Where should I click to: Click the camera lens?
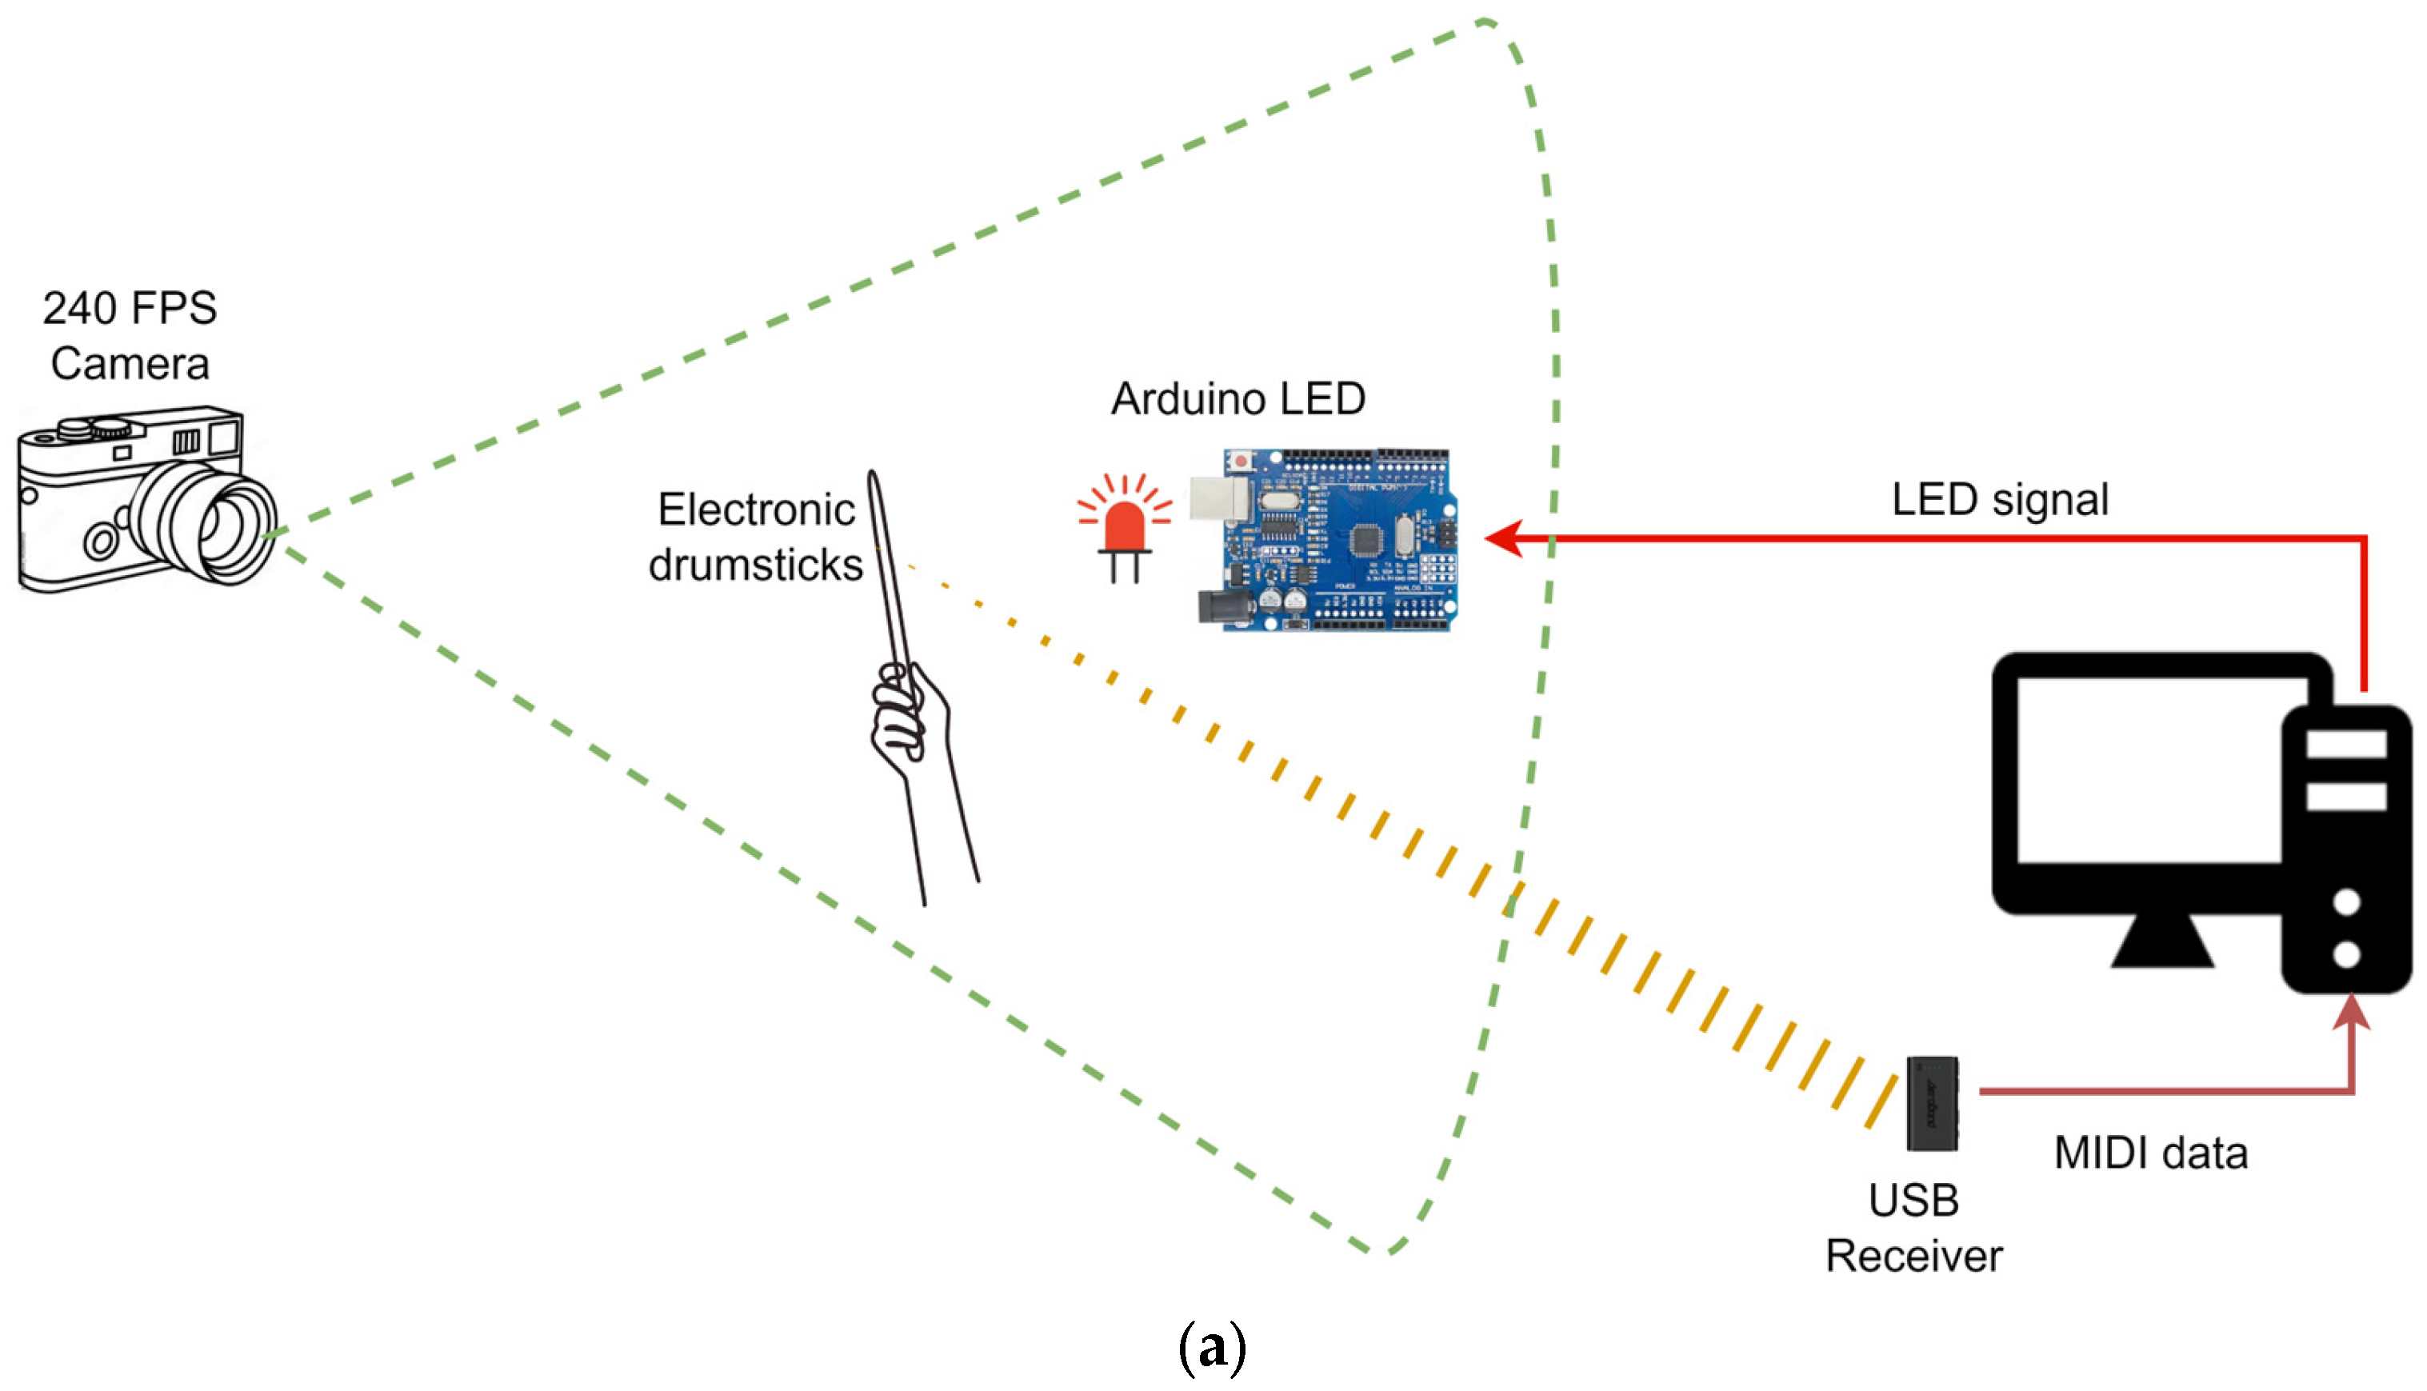click(225, 526)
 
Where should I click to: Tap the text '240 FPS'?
click(130, 309)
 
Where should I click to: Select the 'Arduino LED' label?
click(1237, 398)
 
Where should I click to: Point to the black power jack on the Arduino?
click(1214, 609)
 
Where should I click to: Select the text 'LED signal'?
click(2000, 500)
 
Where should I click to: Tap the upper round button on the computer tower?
click(2347, 901)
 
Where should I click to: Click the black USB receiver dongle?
click(1931, 1103)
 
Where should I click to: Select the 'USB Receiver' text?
click(1913, 1228)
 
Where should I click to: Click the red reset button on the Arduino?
click(1240, 462)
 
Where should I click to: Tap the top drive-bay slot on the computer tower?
click(2346, 744)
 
